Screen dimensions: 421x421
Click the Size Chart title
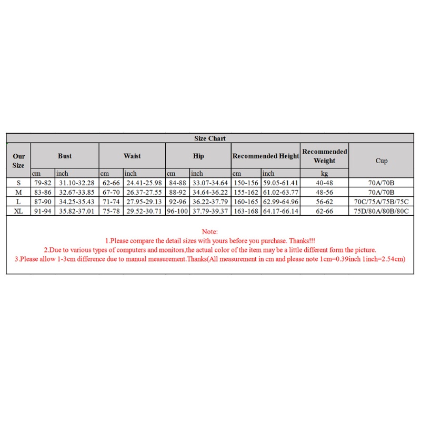[210, 138]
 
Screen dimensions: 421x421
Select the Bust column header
[65, 156]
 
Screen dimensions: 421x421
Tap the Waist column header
[132, 156]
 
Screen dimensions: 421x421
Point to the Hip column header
[198, 156]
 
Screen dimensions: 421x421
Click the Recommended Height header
[266, 156]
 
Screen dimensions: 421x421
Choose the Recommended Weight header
[325, 156]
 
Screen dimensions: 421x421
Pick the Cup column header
[382, 161]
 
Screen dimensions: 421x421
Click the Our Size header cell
[18, 161]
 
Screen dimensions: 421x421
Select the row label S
[18, 183]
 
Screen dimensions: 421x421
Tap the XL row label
[18, 211]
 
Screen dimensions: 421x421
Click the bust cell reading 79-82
[43, 183]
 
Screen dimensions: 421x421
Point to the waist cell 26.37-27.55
[144, 192]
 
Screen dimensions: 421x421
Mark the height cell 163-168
[246, 211]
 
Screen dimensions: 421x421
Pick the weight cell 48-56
[325, 192]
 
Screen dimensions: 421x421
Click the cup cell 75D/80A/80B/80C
[382, 211]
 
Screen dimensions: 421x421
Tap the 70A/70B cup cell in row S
[382, 183]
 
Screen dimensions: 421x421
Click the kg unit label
[325, 173]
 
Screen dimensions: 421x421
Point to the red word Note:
[210, 232]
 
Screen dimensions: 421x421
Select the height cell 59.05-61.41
[281, 183]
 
